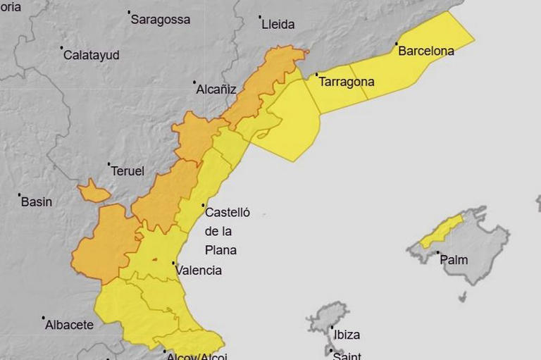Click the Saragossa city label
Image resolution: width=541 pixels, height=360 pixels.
161,20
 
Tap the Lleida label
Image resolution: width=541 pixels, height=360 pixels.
278,24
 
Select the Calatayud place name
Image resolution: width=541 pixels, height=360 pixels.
92,55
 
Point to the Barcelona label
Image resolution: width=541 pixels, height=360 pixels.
425,51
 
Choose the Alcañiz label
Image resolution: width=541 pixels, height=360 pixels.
217,89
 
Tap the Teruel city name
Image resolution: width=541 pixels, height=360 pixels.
128,171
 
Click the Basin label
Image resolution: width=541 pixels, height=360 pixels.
37,202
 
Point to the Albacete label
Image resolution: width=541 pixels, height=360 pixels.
69,325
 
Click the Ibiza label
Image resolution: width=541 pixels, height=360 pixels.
347,335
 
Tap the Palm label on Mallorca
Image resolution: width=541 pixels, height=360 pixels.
454,260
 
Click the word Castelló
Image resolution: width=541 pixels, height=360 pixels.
227,211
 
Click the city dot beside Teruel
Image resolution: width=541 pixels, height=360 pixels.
109,164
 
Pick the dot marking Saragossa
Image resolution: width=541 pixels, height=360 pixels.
129,12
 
